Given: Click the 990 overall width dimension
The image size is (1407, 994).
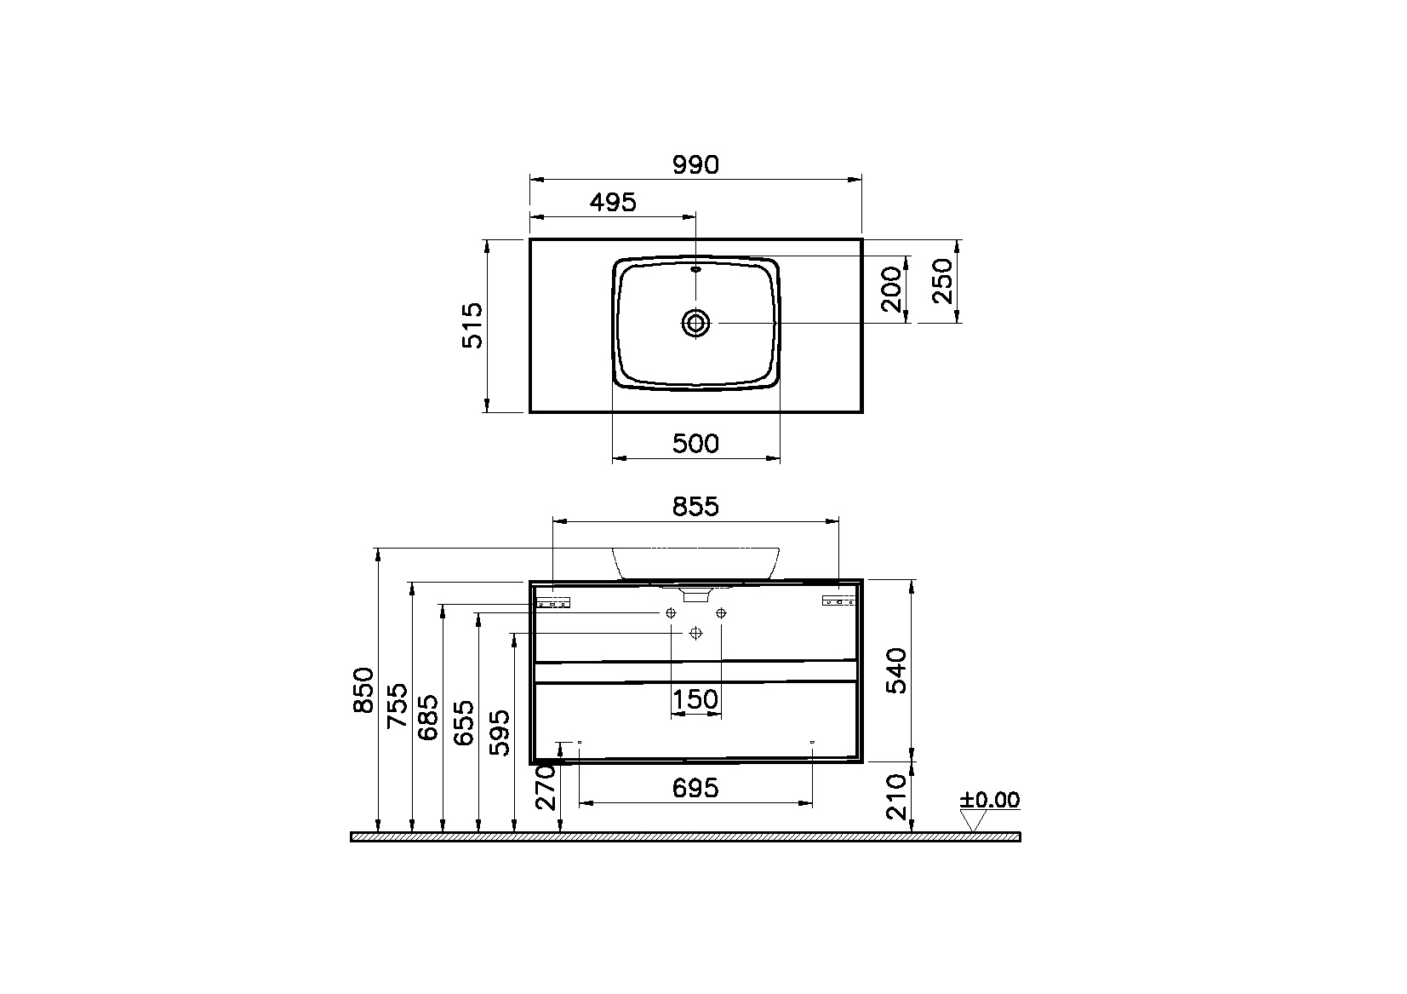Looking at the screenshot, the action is coord(695,164).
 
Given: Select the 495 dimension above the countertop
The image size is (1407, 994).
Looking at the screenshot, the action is coord(613,202).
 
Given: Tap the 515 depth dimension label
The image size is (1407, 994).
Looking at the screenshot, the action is coord(473,325).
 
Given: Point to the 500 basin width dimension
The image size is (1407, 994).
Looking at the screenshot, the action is coord(695,444).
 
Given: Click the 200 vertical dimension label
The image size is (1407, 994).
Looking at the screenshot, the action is coord(892,289).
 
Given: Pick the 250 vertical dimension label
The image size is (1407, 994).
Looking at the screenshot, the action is coord(943,281).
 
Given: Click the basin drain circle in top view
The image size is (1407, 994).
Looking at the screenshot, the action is coord(696,323).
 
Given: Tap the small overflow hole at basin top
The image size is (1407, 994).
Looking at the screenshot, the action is coord(695,270).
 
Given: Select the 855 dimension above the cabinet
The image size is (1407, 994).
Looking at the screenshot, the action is coord(695,506).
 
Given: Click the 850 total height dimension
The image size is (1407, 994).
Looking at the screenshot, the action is coord(363,690).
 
